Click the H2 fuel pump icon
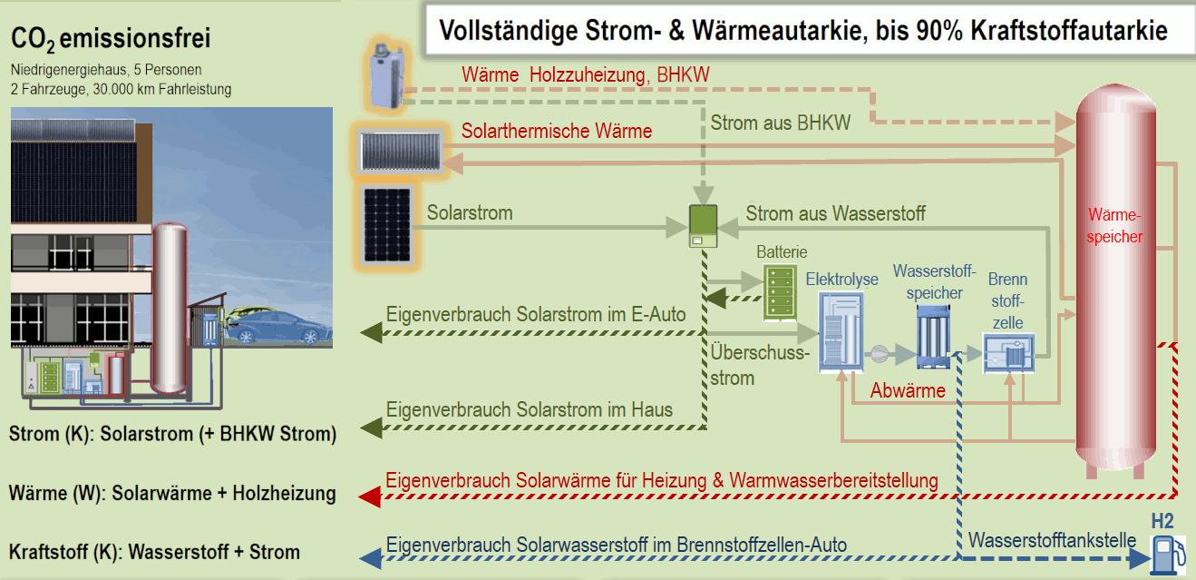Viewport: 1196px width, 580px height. click(1169, 555)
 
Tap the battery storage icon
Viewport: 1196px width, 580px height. click(780, 293)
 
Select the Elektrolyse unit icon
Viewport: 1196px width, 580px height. click(841, 332)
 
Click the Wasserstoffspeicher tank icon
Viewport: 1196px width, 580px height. click(933, 337)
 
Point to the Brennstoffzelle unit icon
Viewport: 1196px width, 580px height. click(1008, 353)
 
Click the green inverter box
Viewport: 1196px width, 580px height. click(704, 226)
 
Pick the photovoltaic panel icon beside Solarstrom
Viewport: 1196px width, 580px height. click(387, 226)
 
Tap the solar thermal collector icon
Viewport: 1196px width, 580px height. click(401, 152)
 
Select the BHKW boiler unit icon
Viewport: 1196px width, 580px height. click(386, 76)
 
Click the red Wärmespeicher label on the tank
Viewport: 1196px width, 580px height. click(1114, 226)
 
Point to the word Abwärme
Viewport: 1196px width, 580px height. click(908, 391)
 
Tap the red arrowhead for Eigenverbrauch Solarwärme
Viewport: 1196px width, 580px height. click(370, 496)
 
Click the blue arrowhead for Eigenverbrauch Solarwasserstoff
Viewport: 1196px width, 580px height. click(371, 558)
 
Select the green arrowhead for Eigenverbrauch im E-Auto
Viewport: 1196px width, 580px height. click(372, 333)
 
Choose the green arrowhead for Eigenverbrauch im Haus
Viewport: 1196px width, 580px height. click(372, 428)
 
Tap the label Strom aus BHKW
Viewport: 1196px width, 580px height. click(780, 123)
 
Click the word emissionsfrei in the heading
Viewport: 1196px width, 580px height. click(135, 38)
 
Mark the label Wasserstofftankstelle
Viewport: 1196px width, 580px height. click(1052, 540)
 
